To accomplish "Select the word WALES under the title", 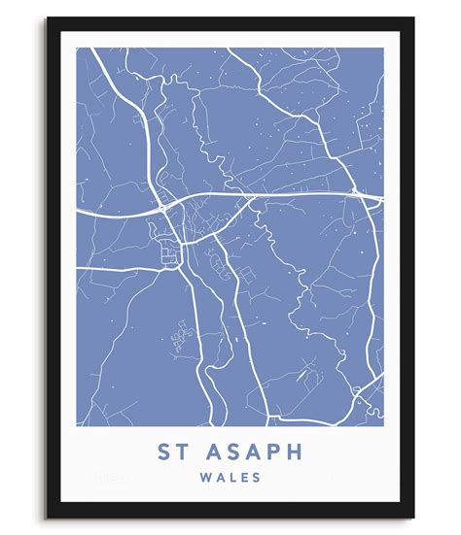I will click(x=230, y=478).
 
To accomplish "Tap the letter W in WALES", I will click(x=202, y=478).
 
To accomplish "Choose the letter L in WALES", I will click(x=230, y=478).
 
